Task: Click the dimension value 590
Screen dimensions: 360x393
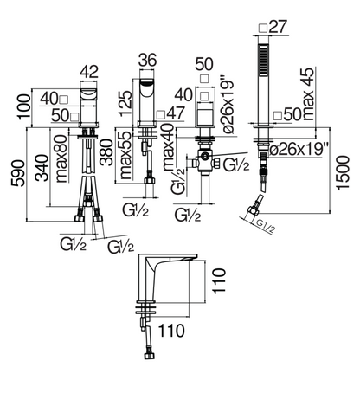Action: click(x=17, y=173)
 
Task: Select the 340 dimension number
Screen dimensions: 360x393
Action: click(x=42, y=168)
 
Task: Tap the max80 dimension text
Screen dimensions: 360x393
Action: click(x=61, y=158)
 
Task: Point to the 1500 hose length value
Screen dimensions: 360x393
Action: click(x=343, y=172)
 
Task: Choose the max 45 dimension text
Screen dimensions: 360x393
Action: click(x=308, y=94)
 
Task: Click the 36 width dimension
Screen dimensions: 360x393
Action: click(x=148, y=60)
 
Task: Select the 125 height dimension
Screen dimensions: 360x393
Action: click(x=125, y=103)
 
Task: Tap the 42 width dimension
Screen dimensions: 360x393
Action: click(x=89, y=72)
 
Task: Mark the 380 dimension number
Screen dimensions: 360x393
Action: click(x=106, y=152)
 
